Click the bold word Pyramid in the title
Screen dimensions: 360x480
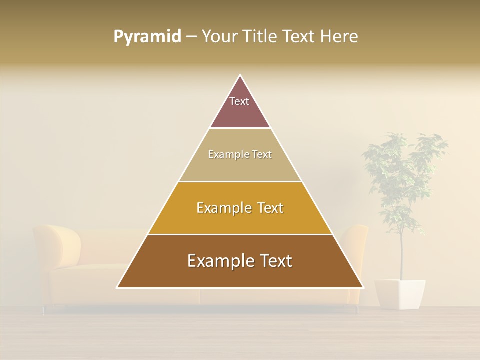click(x=147, y=37)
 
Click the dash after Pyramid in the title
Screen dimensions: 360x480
click(x=191, y=37)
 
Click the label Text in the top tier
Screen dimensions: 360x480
click(x=239, y=101)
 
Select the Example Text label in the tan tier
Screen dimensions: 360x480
click(x=240, y=154)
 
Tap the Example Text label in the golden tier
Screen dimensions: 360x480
click(x=240, y=208)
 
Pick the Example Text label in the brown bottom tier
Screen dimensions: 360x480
click(x=240, y=261)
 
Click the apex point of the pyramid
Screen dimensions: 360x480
click(x=240, y=75)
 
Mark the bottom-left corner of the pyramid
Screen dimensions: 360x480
click(x=117, y=288)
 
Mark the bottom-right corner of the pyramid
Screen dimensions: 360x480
click(x=363, y=288)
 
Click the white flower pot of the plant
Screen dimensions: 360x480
click(x=400, y=294)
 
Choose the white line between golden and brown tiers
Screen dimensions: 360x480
click(x=240, y=234)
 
